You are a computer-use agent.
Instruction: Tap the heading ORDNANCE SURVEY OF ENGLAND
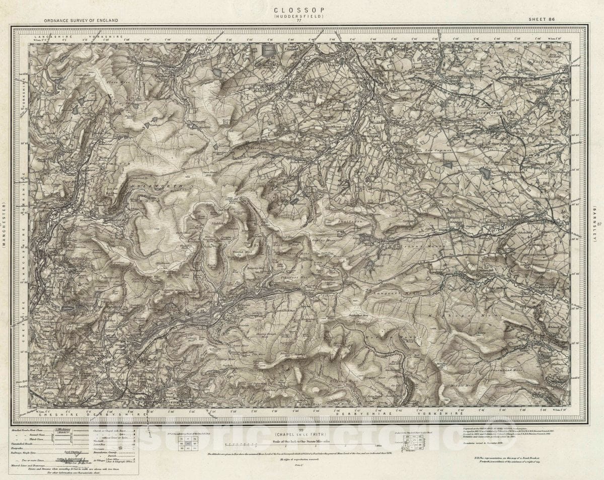tap(74, 20)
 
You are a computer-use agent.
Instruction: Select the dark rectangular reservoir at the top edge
tap(269, 50)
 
